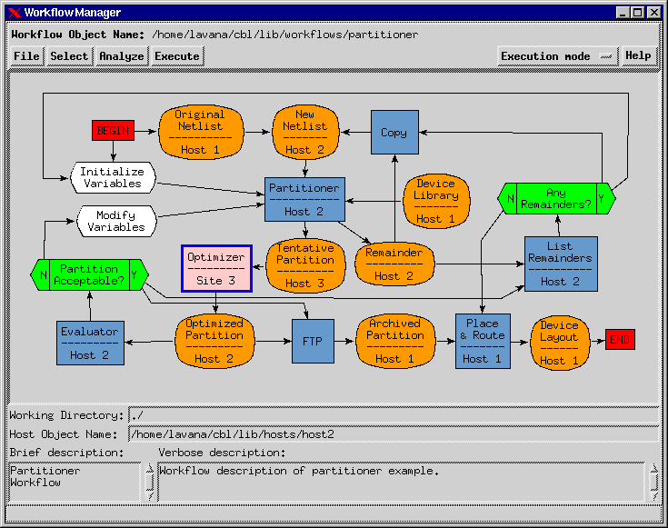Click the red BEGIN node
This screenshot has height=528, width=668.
click(x=113, y=131)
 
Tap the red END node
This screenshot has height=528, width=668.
click(x=620, y=340)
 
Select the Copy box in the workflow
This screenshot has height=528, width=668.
click(x=394, y=133)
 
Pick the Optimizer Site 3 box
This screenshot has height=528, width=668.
click(x=215, y=268)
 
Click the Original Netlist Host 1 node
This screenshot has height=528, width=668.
click(x=200, y=132)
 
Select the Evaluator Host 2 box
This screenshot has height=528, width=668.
click(x=90, y=343)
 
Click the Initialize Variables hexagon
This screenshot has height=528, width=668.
click(x=112, y=177)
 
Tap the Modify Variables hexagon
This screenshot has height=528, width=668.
click(x=115, y=221)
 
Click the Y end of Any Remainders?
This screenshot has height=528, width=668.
click(x=606, y=198)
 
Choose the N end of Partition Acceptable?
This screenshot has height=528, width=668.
click(x=40, y=274)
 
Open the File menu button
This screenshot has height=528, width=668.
click(x=27, y=56)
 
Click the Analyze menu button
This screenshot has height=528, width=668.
click(x=121, y=56)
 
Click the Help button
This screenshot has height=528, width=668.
click(x=638, y=56)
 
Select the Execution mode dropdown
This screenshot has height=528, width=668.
click(x=557, y=56)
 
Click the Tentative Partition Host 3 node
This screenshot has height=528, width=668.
click(x=305, y=265)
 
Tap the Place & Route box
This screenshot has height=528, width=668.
click(x=483, y=341)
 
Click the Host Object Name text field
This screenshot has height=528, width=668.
click(x=394, y=434)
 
